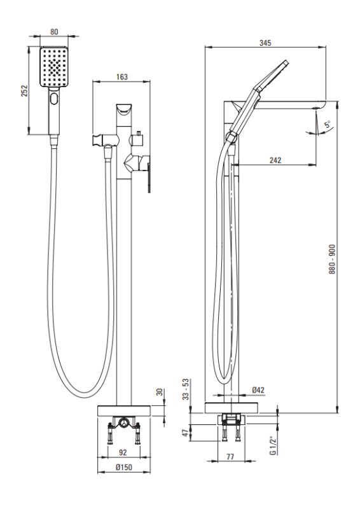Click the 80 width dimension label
coord(54,31)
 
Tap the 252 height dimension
coord(25,91)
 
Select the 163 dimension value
coord(121,77)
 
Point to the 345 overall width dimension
coord(265,43)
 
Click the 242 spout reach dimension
coord(275,160)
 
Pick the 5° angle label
coord(328,124)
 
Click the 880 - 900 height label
coord(332,259)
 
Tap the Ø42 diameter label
coord(258,390)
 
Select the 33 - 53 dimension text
coord(185,389)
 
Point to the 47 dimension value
coord(185,433)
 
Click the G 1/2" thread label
coord(273,446)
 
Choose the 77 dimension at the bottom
coord(230,457)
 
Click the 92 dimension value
coord(123,452)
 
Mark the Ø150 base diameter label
coord(123,467)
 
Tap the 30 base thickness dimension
coord(160,392)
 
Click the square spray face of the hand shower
coord(54,67)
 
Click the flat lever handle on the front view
coord(149,178)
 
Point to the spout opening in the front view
coord(124,109)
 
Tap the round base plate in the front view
coord(123,410)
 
